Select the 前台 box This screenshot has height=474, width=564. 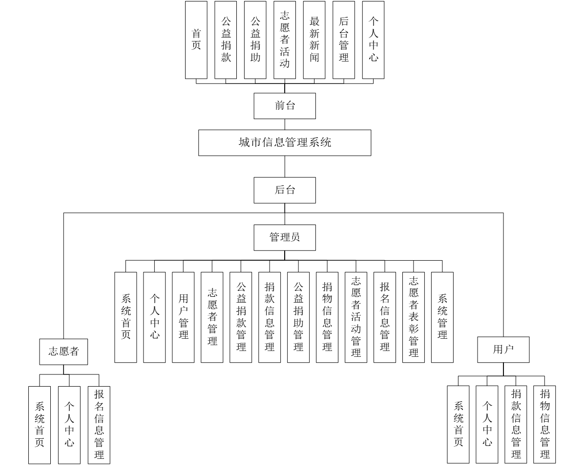285,106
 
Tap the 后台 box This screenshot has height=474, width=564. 285,190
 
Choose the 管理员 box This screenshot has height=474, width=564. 285,238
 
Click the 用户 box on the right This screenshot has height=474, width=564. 503,350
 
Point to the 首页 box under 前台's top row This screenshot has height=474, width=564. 196,40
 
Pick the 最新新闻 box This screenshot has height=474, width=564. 314,40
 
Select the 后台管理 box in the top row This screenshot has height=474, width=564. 344,40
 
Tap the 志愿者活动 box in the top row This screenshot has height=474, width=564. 285,40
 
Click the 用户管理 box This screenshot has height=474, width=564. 183,317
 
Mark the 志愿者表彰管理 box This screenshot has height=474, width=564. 414,317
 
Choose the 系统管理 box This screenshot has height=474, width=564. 442,317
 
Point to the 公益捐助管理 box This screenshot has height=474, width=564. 298,317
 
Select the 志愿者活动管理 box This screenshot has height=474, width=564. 356,317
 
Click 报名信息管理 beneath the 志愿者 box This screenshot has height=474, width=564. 99,424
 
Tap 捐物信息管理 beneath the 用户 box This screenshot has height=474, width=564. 544,424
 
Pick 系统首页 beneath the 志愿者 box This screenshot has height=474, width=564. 40,424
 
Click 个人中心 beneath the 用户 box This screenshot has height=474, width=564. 487,424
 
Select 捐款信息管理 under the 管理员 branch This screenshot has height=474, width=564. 270,317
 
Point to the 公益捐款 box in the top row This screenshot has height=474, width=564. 226,40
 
